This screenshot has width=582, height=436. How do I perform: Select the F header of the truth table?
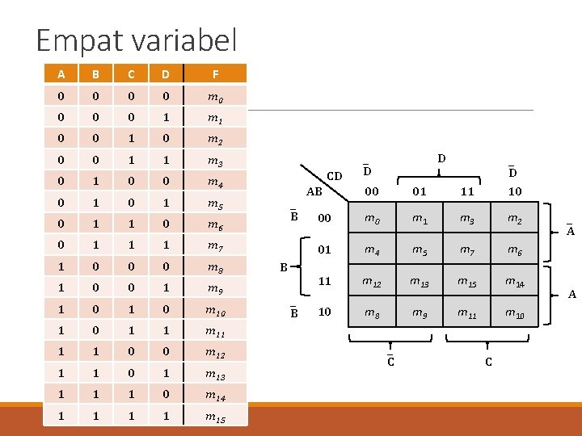click(x=215, y=75)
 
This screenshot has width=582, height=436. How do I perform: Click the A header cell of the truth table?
click(x=61, y=75)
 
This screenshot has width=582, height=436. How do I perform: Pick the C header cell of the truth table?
click(x=131, y=75)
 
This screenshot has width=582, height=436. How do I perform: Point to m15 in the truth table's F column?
click(x=215, y=417)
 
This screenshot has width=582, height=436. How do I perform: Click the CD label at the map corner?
click(x=334, y=176)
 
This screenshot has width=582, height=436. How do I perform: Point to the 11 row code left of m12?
click(x=324, y=282)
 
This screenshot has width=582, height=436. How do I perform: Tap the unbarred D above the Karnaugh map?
click(x=441, y=158)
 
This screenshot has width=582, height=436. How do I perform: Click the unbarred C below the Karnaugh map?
click(x=488, y=361)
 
